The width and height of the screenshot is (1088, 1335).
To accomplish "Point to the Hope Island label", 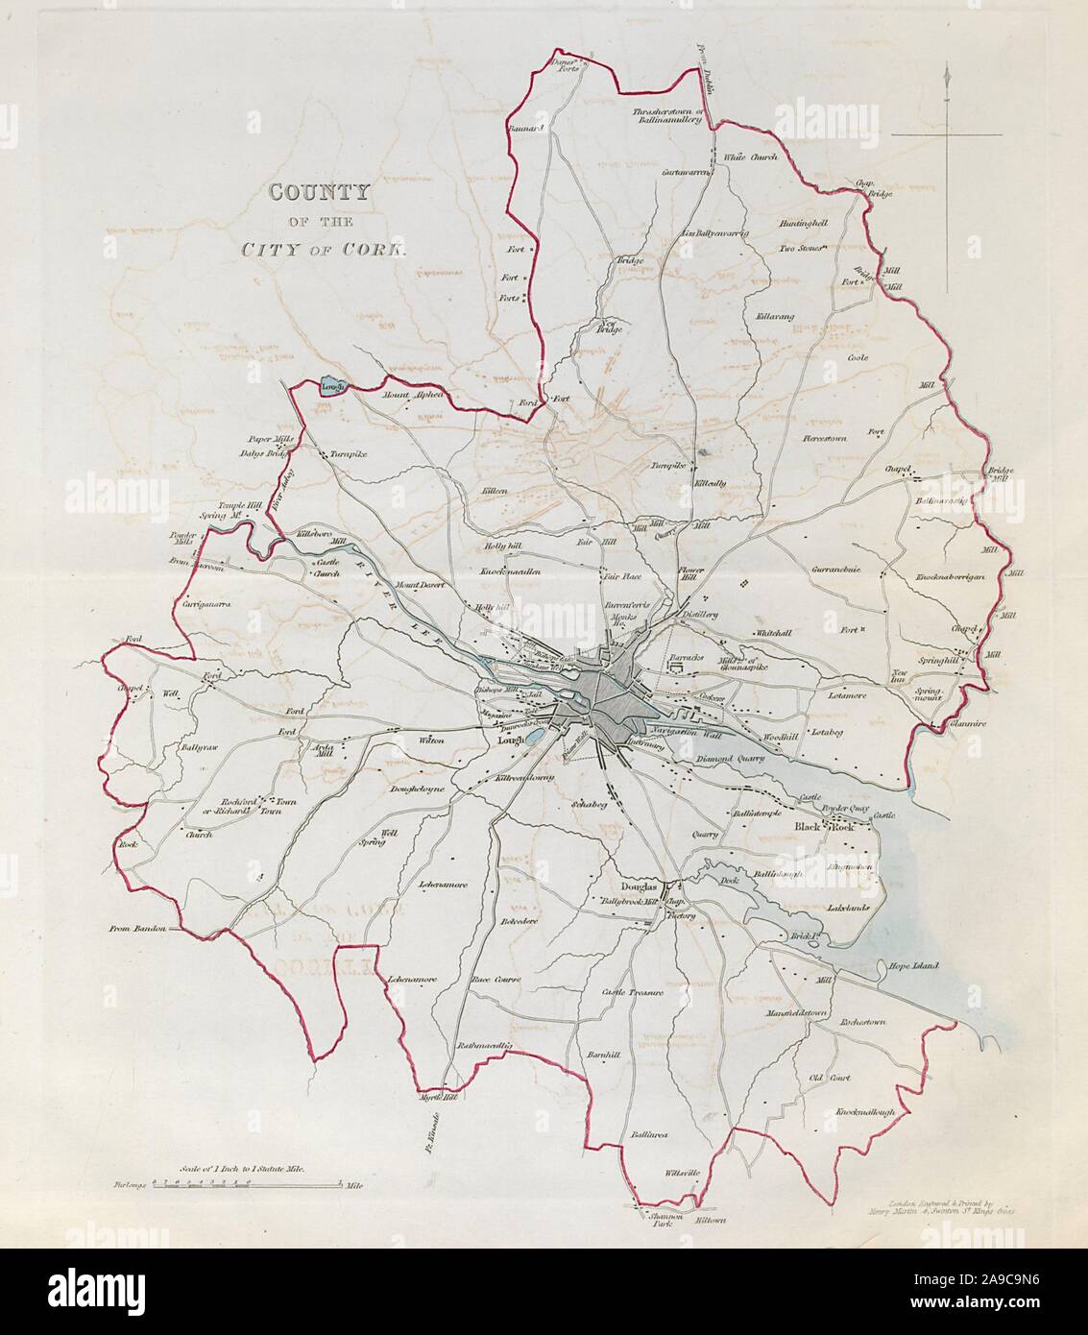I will tap(911, 966).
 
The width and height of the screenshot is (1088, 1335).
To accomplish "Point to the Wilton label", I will tap(431, 740).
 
